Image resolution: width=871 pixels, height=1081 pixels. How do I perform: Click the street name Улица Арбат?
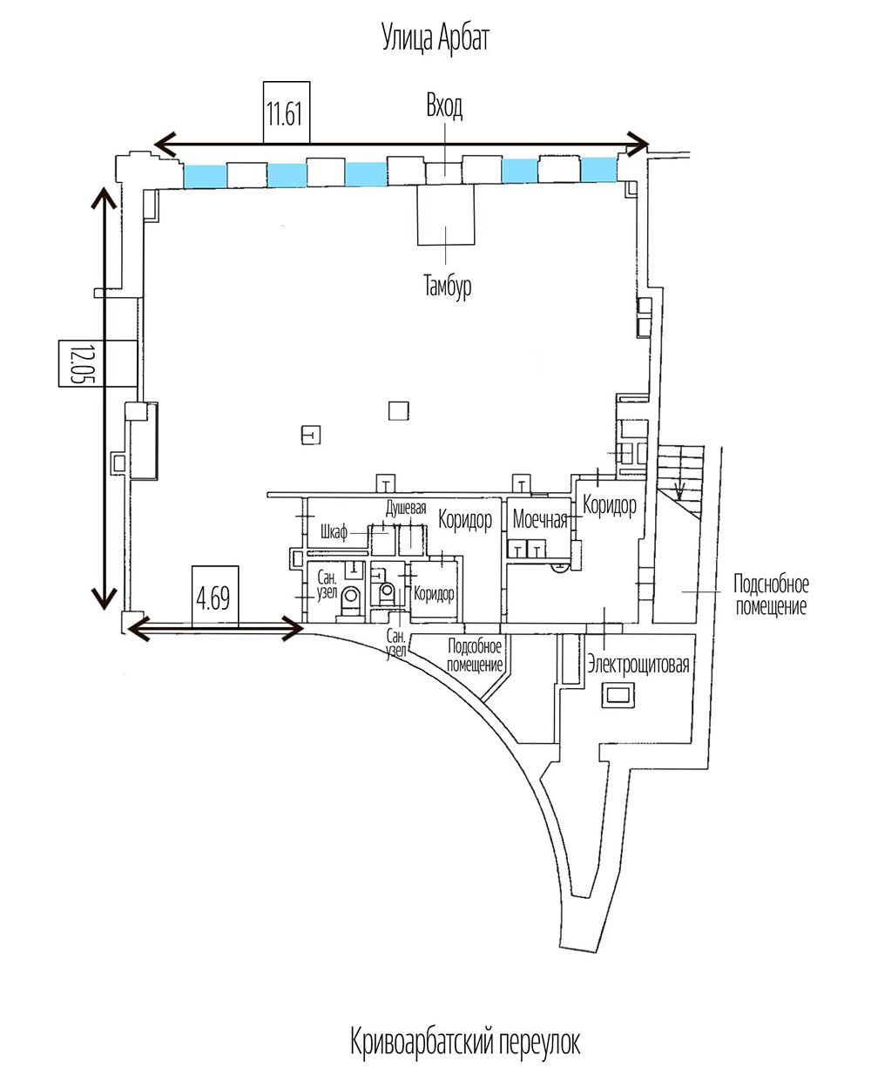[x=435, y=39]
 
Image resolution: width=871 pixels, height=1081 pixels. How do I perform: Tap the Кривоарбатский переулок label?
[x=465, y=1041]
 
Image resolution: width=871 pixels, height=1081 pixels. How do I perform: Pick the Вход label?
[x=444, y=107]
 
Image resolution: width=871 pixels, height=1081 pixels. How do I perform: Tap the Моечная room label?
[x=540, y=520]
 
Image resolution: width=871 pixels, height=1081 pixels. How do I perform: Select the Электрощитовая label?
[x=638, y=666]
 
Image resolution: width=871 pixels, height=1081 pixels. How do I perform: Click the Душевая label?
[x=406, y=509]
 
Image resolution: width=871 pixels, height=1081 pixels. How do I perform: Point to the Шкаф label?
[x=334, y=532]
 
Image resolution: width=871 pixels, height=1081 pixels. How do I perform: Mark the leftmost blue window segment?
[x=205, y=176]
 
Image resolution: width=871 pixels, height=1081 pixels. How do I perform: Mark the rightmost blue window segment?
[x=599, y=169]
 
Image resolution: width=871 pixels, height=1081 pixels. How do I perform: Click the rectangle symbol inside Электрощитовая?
[x=619, y=695]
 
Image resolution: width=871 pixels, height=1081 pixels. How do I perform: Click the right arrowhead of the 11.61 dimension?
[x=638, y=143]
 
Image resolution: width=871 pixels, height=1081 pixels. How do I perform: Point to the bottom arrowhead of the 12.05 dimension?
[x=105, y=598]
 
